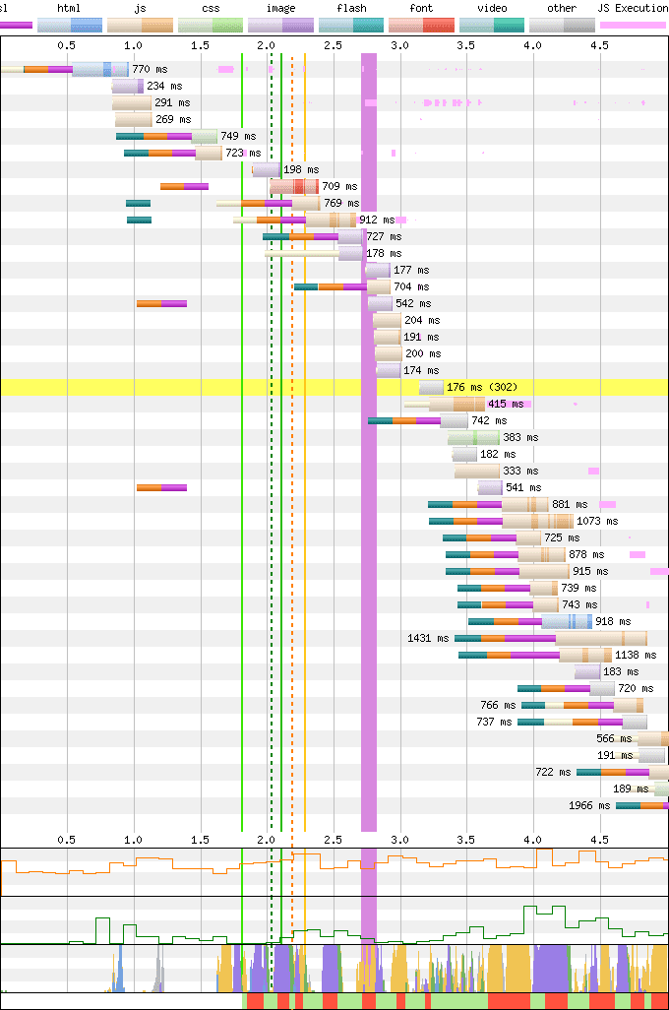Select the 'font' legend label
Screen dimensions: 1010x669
point(421,8)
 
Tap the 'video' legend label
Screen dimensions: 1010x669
point(491,8)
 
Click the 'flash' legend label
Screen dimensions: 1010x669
point(351,8)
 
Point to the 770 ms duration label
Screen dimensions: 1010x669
point(152,70)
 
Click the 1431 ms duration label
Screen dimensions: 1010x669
point(427,639)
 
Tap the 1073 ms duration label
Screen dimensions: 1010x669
point(597,522)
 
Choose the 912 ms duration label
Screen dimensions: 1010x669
point(377,221)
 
